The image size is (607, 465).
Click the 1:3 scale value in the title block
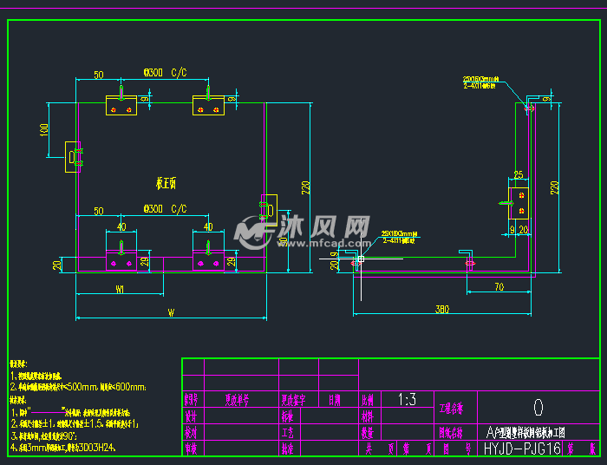pos(407,401)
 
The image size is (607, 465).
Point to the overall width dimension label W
pos(171,311)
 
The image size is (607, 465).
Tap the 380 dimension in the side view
pos(442,308)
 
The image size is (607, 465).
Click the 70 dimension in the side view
pos(499,285)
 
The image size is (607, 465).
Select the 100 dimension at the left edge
pos(44,130)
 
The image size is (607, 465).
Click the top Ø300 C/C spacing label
pos(165,73)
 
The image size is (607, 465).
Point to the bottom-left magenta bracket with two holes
pos(121,260)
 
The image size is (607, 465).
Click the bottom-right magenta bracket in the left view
pos(208,260)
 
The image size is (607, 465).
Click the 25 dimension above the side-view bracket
pos(519,174)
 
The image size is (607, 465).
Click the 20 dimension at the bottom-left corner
pos(56,265)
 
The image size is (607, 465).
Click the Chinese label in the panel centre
pos(166,183)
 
